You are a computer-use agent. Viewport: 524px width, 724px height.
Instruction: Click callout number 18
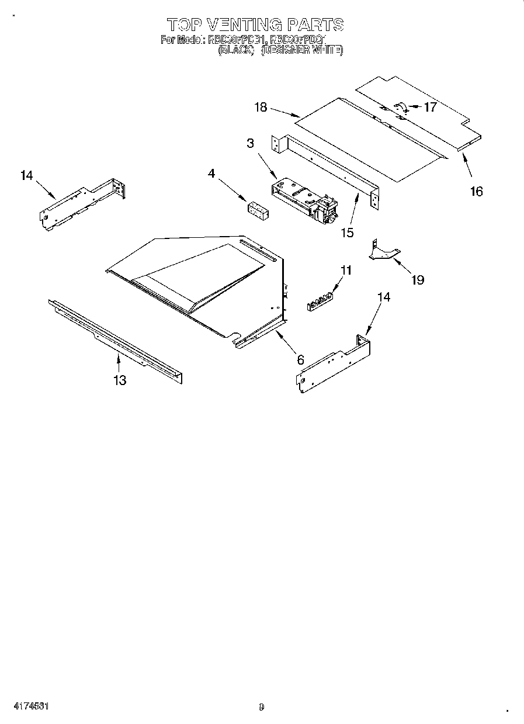point(261,107)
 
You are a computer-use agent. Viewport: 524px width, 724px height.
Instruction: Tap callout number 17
point(430,107)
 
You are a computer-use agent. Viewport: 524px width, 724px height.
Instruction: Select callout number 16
point(477,191)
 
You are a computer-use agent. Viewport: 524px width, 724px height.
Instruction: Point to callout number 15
point(347,232)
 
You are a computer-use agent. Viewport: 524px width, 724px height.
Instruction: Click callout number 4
point(211,173)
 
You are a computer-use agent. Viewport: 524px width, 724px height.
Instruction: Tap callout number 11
point(346,270)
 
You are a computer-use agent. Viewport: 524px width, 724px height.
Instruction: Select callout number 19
point(417,280)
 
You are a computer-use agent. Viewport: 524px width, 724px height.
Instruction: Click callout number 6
point(300,360)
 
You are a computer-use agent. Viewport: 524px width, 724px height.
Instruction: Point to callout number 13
point(119,380)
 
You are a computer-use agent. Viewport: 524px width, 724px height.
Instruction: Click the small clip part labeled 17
point(401,106)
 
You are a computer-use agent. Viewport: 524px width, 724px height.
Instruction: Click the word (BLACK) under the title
point(236,51)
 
